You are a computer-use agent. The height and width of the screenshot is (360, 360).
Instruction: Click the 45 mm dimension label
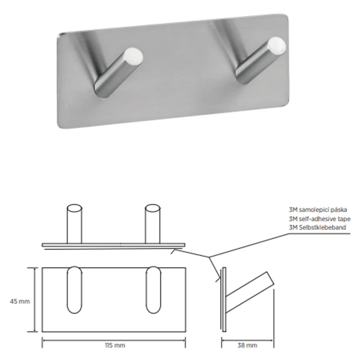pos(20,301)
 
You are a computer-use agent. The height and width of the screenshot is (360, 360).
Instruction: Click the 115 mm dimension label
pos(115,345)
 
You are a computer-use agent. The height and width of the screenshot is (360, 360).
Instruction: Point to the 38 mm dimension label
pos(247,345)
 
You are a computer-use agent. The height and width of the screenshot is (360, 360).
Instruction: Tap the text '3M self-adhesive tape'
pos(320,219)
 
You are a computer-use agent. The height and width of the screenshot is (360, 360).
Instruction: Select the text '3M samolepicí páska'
pos(318,210)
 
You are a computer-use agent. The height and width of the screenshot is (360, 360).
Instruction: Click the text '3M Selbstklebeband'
pos(317,227)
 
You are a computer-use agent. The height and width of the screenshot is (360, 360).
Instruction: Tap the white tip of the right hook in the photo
pos(276,45)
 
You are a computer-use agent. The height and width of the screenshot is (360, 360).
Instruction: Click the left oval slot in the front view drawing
pos(74,290)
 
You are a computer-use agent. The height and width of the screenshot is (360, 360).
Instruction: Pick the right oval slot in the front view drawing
pos(153,290)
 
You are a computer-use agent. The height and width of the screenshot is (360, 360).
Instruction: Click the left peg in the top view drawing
pos(74,224)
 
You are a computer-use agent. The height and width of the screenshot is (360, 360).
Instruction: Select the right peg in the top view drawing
pos(153,224)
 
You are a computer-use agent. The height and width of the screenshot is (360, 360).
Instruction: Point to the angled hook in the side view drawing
pos(250,293)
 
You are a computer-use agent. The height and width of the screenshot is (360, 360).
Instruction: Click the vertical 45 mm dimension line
pos(35,300)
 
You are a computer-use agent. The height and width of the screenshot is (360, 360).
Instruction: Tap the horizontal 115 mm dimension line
pos(114,341)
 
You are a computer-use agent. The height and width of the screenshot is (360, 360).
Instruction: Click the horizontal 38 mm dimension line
pos(248,341)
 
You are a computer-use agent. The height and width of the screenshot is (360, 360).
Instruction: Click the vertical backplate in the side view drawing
pos(224,300)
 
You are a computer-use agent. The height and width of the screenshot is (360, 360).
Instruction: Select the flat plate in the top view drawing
pos(113,245)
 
